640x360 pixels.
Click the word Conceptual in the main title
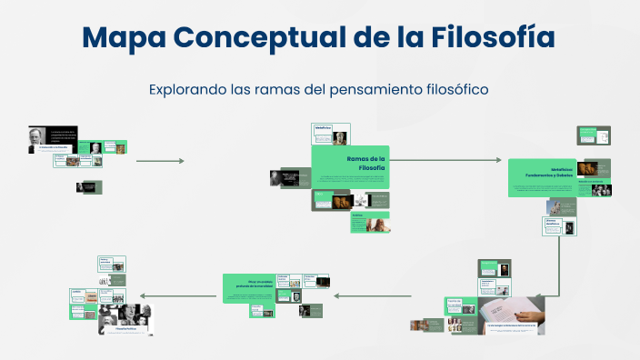pos(266,37)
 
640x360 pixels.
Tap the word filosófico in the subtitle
pos(451,89)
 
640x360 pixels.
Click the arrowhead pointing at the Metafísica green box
pos(497,160)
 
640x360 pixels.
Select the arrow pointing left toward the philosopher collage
pos(177,295)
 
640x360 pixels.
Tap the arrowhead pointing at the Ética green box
pos(336,295)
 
